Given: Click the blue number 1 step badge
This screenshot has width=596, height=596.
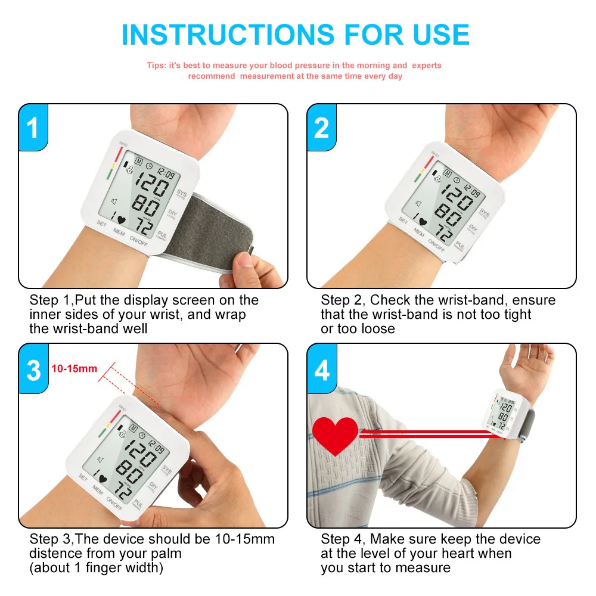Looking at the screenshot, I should pos(33,128).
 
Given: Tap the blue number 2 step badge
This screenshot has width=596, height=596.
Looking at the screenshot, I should pos(322,128).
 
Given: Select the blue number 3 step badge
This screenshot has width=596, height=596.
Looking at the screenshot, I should pos(33,370).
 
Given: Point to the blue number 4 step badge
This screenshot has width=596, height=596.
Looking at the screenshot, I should pos(322,370).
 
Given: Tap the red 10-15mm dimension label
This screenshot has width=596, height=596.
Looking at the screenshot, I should pos(74,368).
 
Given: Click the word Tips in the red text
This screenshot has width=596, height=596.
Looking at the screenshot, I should pos(156,66).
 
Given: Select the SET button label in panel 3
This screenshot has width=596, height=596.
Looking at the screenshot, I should pos(83,478).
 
